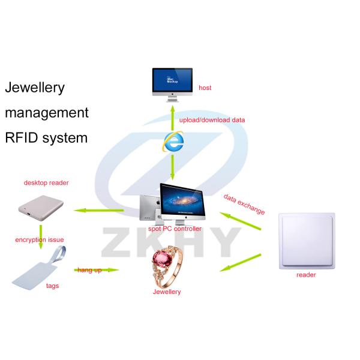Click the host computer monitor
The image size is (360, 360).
coord(172,85)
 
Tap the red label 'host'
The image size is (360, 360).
coord(205,88)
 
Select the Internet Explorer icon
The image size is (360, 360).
coord(173,142)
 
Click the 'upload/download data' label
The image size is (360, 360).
coord(212,120)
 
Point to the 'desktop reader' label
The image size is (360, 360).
coord(46,183)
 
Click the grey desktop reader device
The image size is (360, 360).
coord(41,208)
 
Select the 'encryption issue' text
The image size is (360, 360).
coord(40,239)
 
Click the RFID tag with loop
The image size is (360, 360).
coord(39,269)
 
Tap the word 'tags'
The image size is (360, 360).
coord(53,286)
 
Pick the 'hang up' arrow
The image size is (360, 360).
coord(97,270)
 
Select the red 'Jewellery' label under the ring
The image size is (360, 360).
coord(167,292)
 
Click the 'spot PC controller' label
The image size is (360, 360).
coord(175,229)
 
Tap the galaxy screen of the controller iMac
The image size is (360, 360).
coord(183,200)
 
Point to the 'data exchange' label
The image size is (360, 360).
coord(244,204)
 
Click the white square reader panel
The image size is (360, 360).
coord(307,241)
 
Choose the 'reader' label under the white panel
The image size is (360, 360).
coord(306,275)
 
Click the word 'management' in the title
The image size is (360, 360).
coord(47,113)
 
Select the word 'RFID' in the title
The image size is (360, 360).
coord(21,138)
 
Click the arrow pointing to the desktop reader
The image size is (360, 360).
coord(99,210)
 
